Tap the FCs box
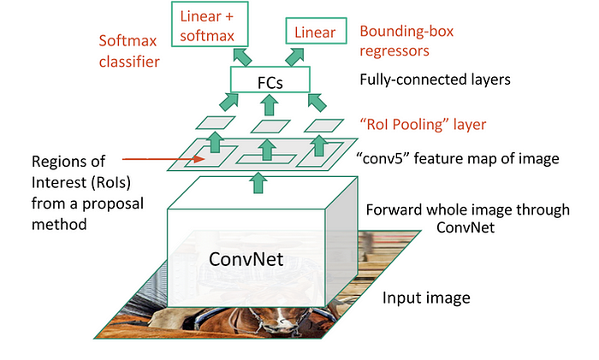click(x=268, y=82)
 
